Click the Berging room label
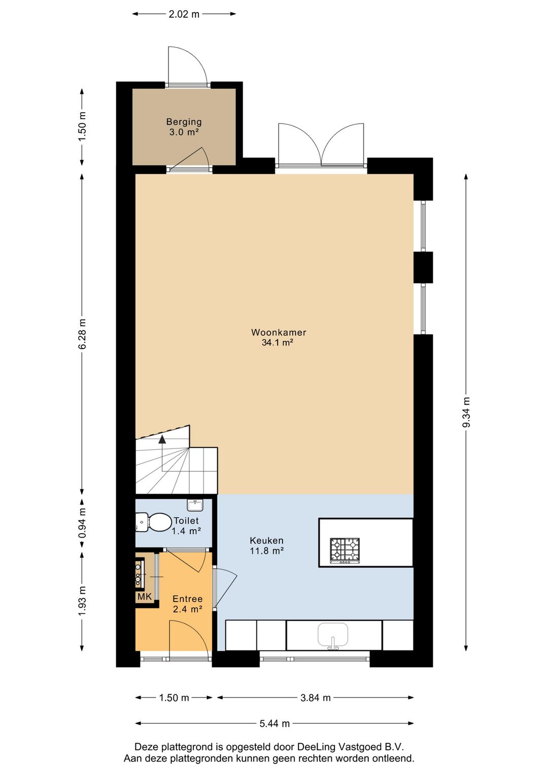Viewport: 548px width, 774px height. click(184, 127)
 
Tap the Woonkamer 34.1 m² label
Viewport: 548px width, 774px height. click(279, 337)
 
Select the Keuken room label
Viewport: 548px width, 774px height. click(266, 545)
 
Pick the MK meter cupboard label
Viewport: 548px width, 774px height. click(145, 596)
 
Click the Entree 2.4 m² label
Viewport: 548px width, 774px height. click(187, 603)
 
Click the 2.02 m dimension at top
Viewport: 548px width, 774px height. click(184, 14)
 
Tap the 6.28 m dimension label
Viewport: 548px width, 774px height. click(82, 334)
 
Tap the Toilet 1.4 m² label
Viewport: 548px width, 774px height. click(186, 525)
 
